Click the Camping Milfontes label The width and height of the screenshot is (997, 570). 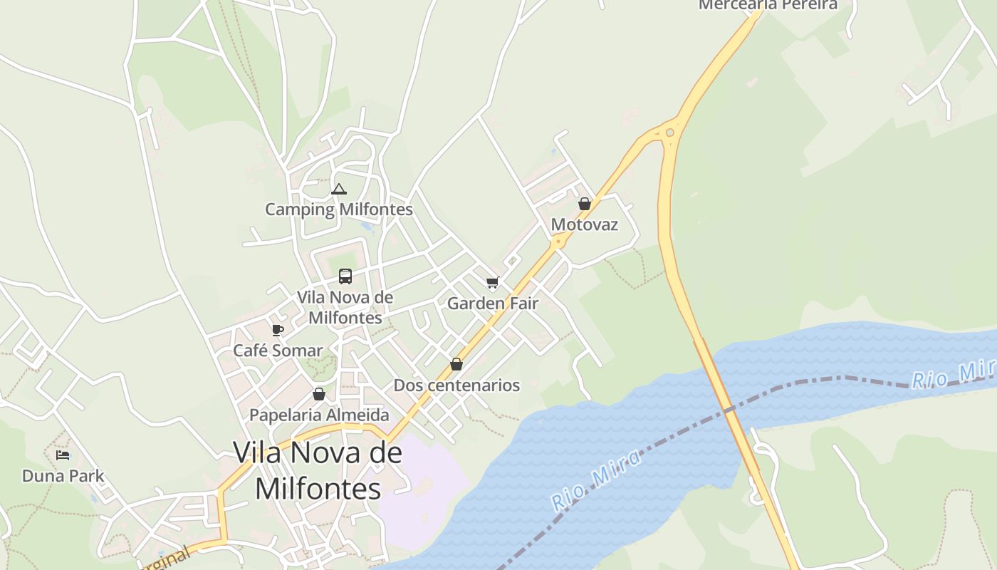339,209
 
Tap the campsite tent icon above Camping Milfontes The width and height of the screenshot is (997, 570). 339,190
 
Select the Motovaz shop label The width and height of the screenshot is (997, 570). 585,225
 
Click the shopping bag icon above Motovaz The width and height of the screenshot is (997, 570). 585,204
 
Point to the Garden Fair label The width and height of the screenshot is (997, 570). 492,304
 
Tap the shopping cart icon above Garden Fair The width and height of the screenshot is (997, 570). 492,283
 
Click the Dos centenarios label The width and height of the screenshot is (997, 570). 456,385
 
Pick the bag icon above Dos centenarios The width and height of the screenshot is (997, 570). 456,364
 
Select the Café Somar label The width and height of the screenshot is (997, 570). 278,351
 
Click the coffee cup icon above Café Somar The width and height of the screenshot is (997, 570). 278,330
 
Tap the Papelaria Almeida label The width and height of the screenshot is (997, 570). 319,415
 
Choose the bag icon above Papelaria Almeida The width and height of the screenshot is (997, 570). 319,394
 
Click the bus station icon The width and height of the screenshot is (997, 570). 345,276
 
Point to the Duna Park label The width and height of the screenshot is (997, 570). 63,476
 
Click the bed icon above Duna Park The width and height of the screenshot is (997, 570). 63,455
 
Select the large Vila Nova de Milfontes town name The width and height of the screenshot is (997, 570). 318,470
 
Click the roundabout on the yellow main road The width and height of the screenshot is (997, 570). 669,132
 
